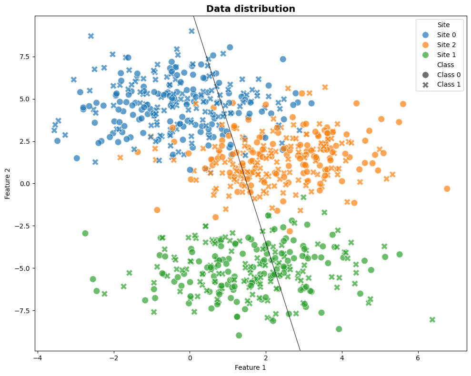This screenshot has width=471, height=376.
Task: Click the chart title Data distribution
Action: [251, 9]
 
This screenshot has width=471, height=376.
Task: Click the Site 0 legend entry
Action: [446, 35]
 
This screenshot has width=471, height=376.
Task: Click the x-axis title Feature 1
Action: [251, 367]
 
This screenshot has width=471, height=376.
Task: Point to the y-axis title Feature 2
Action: [8, 183]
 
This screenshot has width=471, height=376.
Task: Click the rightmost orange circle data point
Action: [447, 188]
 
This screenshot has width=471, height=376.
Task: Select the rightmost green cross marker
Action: [432, 319]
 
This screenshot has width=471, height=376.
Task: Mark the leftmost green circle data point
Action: [85, 233]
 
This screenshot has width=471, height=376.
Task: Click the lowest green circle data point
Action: [239, 335]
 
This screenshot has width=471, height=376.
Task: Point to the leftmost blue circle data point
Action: [57, 141]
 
